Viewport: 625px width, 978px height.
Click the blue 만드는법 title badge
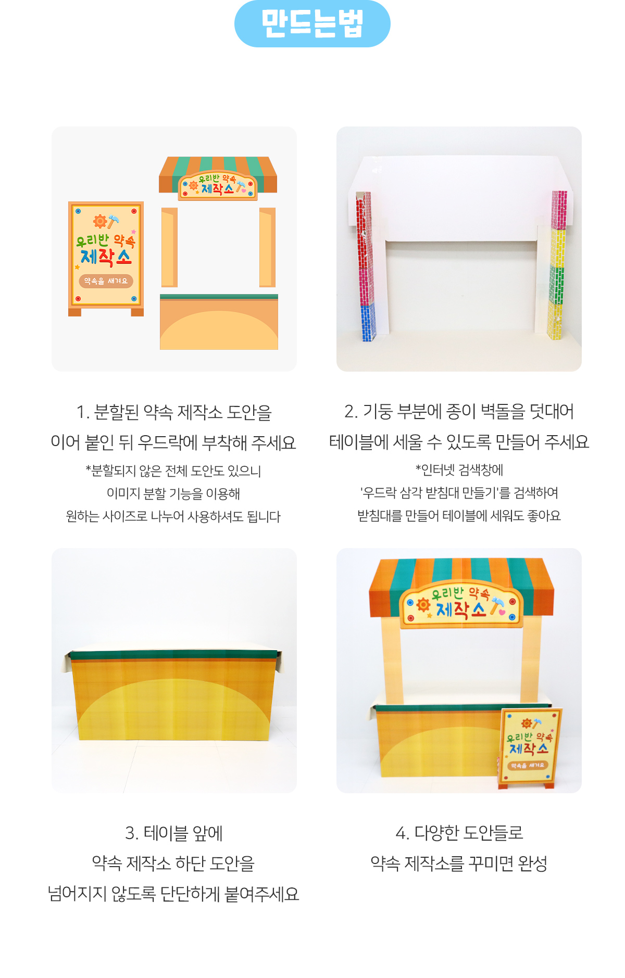tap(312, 23)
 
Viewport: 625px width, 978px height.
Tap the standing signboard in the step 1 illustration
tap(106, 259)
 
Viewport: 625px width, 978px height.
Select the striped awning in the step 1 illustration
tap(218, 178)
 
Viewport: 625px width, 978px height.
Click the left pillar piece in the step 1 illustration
tap(169, 247)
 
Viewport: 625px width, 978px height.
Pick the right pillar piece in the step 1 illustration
tap(267, 247)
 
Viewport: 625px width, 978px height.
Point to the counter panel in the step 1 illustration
tap(219, 322)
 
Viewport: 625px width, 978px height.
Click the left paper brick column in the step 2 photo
tap(366, 266)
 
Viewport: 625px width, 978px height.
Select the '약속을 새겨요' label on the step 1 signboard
tap(106, 281)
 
